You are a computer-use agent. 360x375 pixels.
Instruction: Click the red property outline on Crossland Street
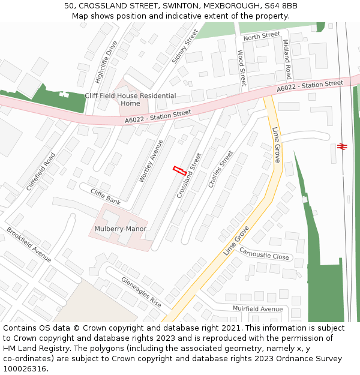pyautogui.click(x=178, y=170)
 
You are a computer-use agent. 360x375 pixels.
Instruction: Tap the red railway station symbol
pyautogui.click(x=343, y=145)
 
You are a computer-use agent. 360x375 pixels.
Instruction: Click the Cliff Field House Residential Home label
pyautogui.click(x=130, y=100)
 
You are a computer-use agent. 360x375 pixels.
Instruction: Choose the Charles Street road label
pyautogui.click(x=220, y=169)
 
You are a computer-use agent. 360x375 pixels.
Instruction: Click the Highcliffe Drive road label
pyautogui.click(x=106, y=62)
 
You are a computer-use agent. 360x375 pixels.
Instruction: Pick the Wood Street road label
pyautogui.click(x=242, y=68)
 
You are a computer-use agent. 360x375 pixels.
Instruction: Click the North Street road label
pyautogui.click(x=262, y=36)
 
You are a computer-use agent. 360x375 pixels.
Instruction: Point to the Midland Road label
pyautogui.click(x=287, y=59)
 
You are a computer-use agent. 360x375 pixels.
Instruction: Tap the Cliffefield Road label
pyautogui.click(x=41, y=172)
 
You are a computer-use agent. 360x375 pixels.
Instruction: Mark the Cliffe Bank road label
pyautogui.click(x=106, y=196)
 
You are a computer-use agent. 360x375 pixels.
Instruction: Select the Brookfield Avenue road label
pyautogui.click(x=29, y=244)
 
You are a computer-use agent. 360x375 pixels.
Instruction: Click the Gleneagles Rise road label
pyautogui.click(x=141, y=291)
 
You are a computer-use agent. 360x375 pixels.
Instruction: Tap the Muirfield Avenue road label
pyautogui.click(x=257, y=308)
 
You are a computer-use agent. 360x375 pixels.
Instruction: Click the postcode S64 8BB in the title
pyautogui.click(x=281, y=6)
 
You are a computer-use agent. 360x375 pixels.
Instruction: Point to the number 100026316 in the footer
pyautogui.click(x=25, y=368)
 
